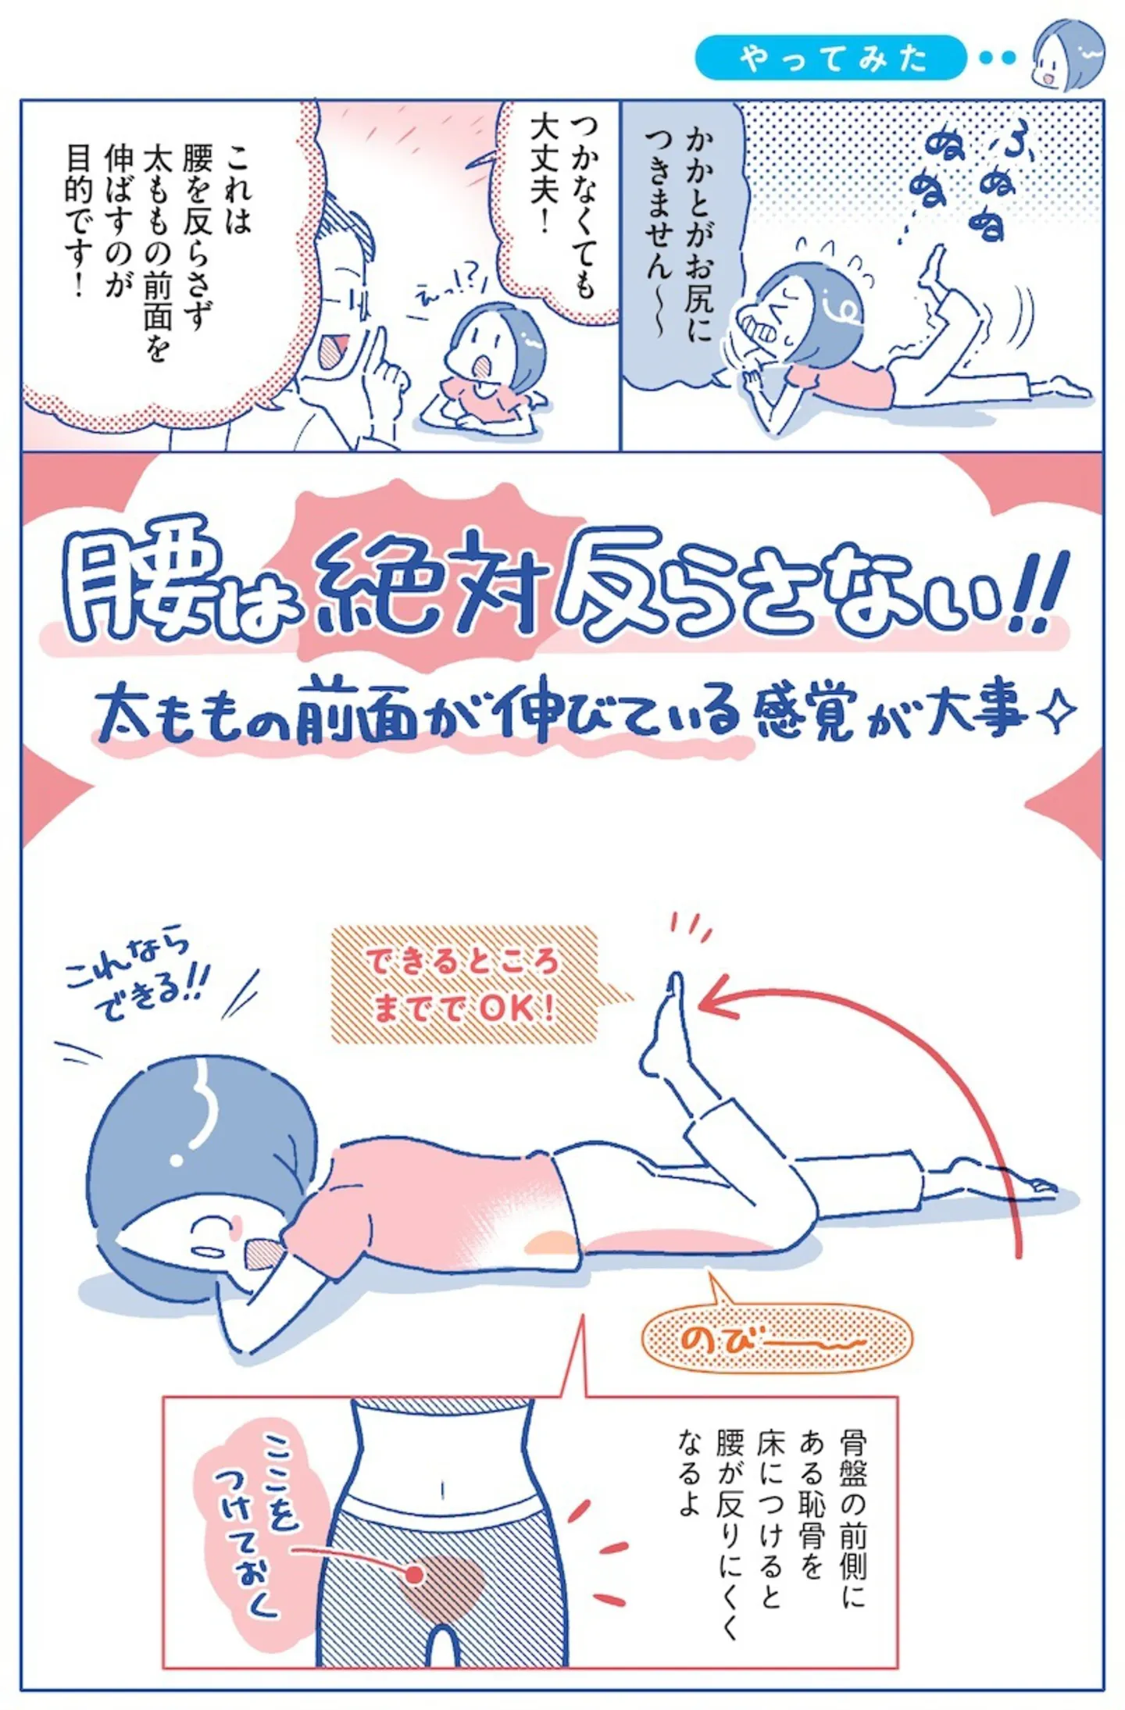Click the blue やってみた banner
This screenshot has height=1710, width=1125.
click(830, 58)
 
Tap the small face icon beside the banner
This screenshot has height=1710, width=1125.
click(1068, 56)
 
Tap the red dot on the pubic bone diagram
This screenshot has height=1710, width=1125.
click(416, 1573)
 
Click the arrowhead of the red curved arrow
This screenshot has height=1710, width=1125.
click(717, 997)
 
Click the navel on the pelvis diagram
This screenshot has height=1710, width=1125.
click(443, 1488)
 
